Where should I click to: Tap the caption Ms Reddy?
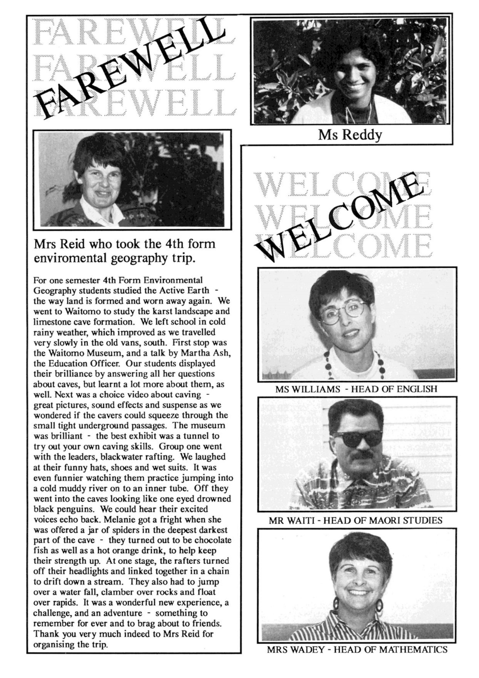click(x=349, y=134)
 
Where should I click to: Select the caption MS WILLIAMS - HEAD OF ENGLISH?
click(x=356, y=389)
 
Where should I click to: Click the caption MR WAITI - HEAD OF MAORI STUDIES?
click(x=355, y=521)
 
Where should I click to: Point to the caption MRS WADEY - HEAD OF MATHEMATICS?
click(x=357, y=649)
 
